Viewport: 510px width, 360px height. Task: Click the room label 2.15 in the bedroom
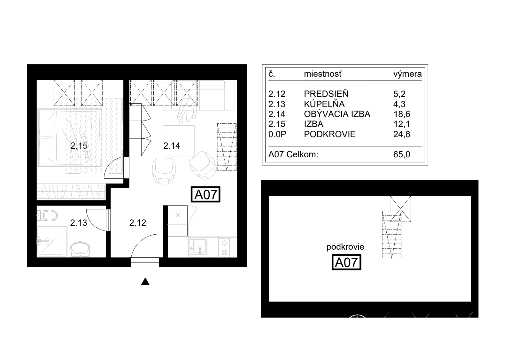tap(79, 145)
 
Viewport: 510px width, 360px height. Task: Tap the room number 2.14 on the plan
tap(172, 145)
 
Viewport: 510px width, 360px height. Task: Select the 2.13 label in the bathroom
tap(79, 223)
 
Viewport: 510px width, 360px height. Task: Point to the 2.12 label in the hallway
tap(138, 223)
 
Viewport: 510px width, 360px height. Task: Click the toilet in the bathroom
tap(47, 215)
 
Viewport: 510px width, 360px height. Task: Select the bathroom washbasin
tap(80, 249)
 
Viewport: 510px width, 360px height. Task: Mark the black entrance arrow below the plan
tap(145, 281)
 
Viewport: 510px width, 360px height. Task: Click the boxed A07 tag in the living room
tap(205, 195)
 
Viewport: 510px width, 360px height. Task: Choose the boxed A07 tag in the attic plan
tap(346, 262)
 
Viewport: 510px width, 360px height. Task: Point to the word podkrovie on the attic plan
tap(345, 247)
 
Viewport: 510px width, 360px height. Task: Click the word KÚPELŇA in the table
tap(324, 104)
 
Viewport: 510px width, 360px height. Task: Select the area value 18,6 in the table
tap(402, 114)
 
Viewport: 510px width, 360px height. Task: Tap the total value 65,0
tap(402, 154)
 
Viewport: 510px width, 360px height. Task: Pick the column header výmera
tap(407, 74)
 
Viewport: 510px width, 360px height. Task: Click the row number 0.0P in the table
tap(277, 134)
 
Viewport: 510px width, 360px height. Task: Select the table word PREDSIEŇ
tap(326, 94)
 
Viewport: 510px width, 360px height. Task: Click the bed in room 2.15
tap(70, 137)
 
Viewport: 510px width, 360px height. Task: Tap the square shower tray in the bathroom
tap(52, 241)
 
